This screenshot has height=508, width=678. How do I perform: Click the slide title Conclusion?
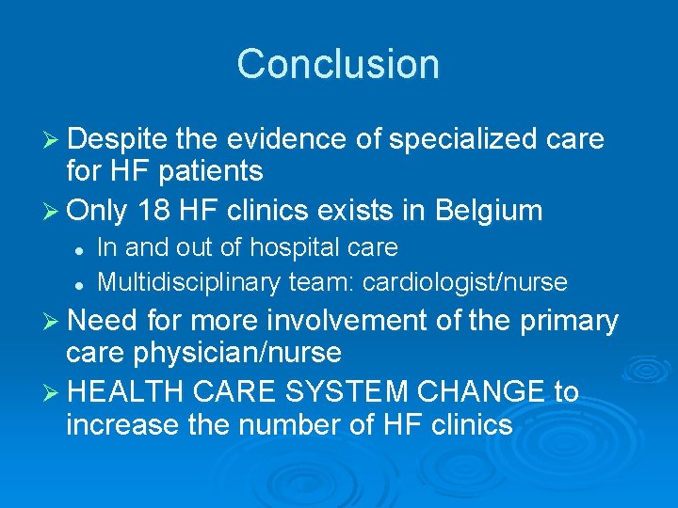tap(338, 64)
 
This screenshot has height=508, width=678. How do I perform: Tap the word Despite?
tap(118, 139)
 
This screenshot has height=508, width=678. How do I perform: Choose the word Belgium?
tap(490, 210)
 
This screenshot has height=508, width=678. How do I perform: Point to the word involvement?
tap(376, 321)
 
